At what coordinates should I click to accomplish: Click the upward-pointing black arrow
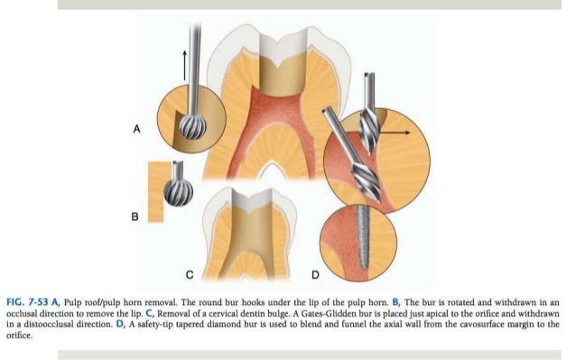pyautogui.click(x=185, y=64)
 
